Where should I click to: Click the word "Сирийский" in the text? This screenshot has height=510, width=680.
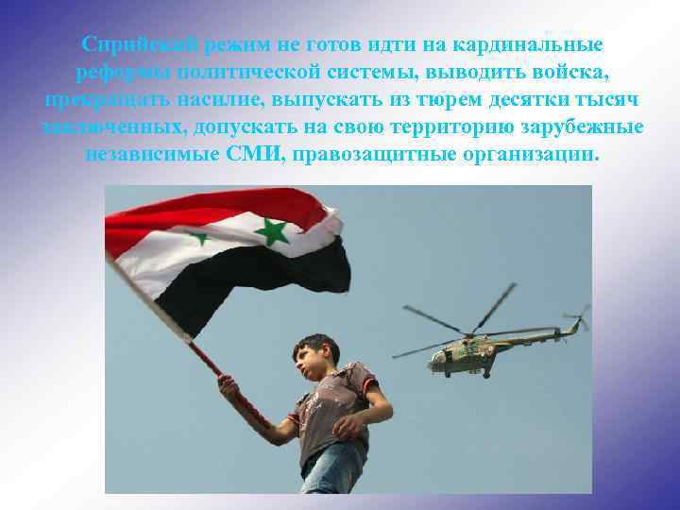point(130,44)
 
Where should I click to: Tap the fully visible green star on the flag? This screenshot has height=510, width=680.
point(272,229)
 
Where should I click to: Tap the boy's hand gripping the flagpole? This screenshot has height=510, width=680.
point(228,385)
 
